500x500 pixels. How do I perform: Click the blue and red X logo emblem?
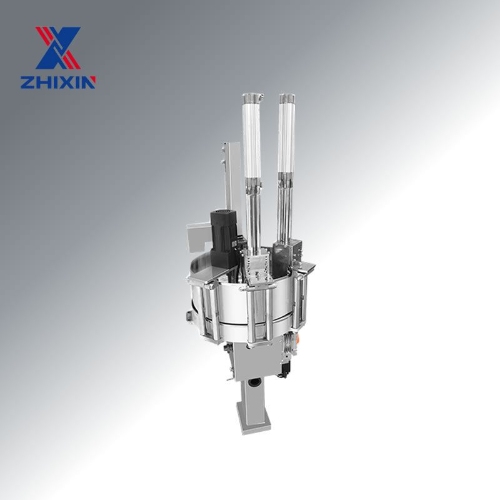click(57, 48)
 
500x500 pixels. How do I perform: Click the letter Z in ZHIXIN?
click(27, 82)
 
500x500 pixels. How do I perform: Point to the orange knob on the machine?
click(298, 339)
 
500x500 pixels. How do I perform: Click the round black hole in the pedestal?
click(254, 382)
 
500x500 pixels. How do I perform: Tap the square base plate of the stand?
click(254, 417)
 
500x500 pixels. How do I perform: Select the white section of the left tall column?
click(252, 137)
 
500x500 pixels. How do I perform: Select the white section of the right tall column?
click(286, 137)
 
